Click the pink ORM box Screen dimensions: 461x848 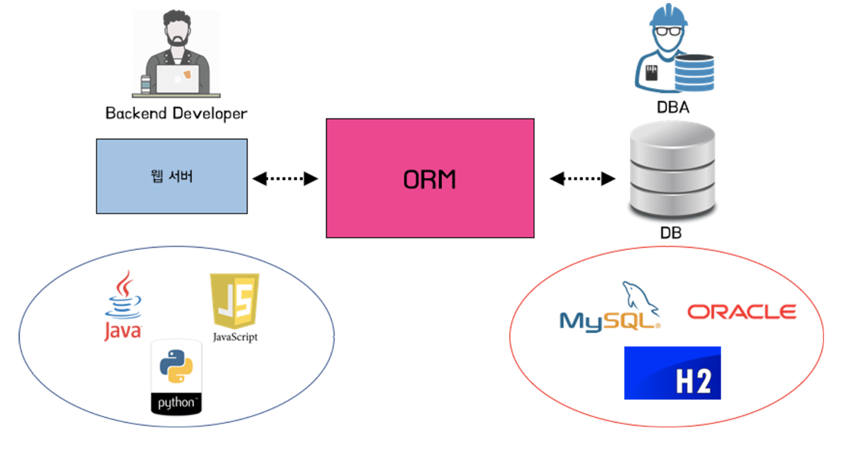[429, 178]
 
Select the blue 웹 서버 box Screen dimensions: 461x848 [172, 176]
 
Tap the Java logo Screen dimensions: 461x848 [123, 306]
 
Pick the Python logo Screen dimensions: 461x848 [176, 376]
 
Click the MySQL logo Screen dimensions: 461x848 [609, 309]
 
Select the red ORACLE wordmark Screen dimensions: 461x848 [741, 312]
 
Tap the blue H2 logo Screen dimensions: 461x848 [672, 373]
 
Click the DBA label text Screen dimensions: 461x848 [672, 108]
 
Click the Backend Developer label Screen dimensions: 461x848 [176, 113]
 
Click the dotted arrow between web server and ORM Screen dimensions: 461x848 [285, 178]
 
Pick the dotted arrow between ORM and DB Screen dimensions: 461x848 [583, 178]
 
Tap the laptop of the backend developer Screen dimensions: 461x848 [178, 79]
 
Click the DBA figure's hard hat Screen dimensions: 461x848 [667, 14]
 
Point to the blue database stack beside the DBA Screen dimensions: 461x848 [694, 71]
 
